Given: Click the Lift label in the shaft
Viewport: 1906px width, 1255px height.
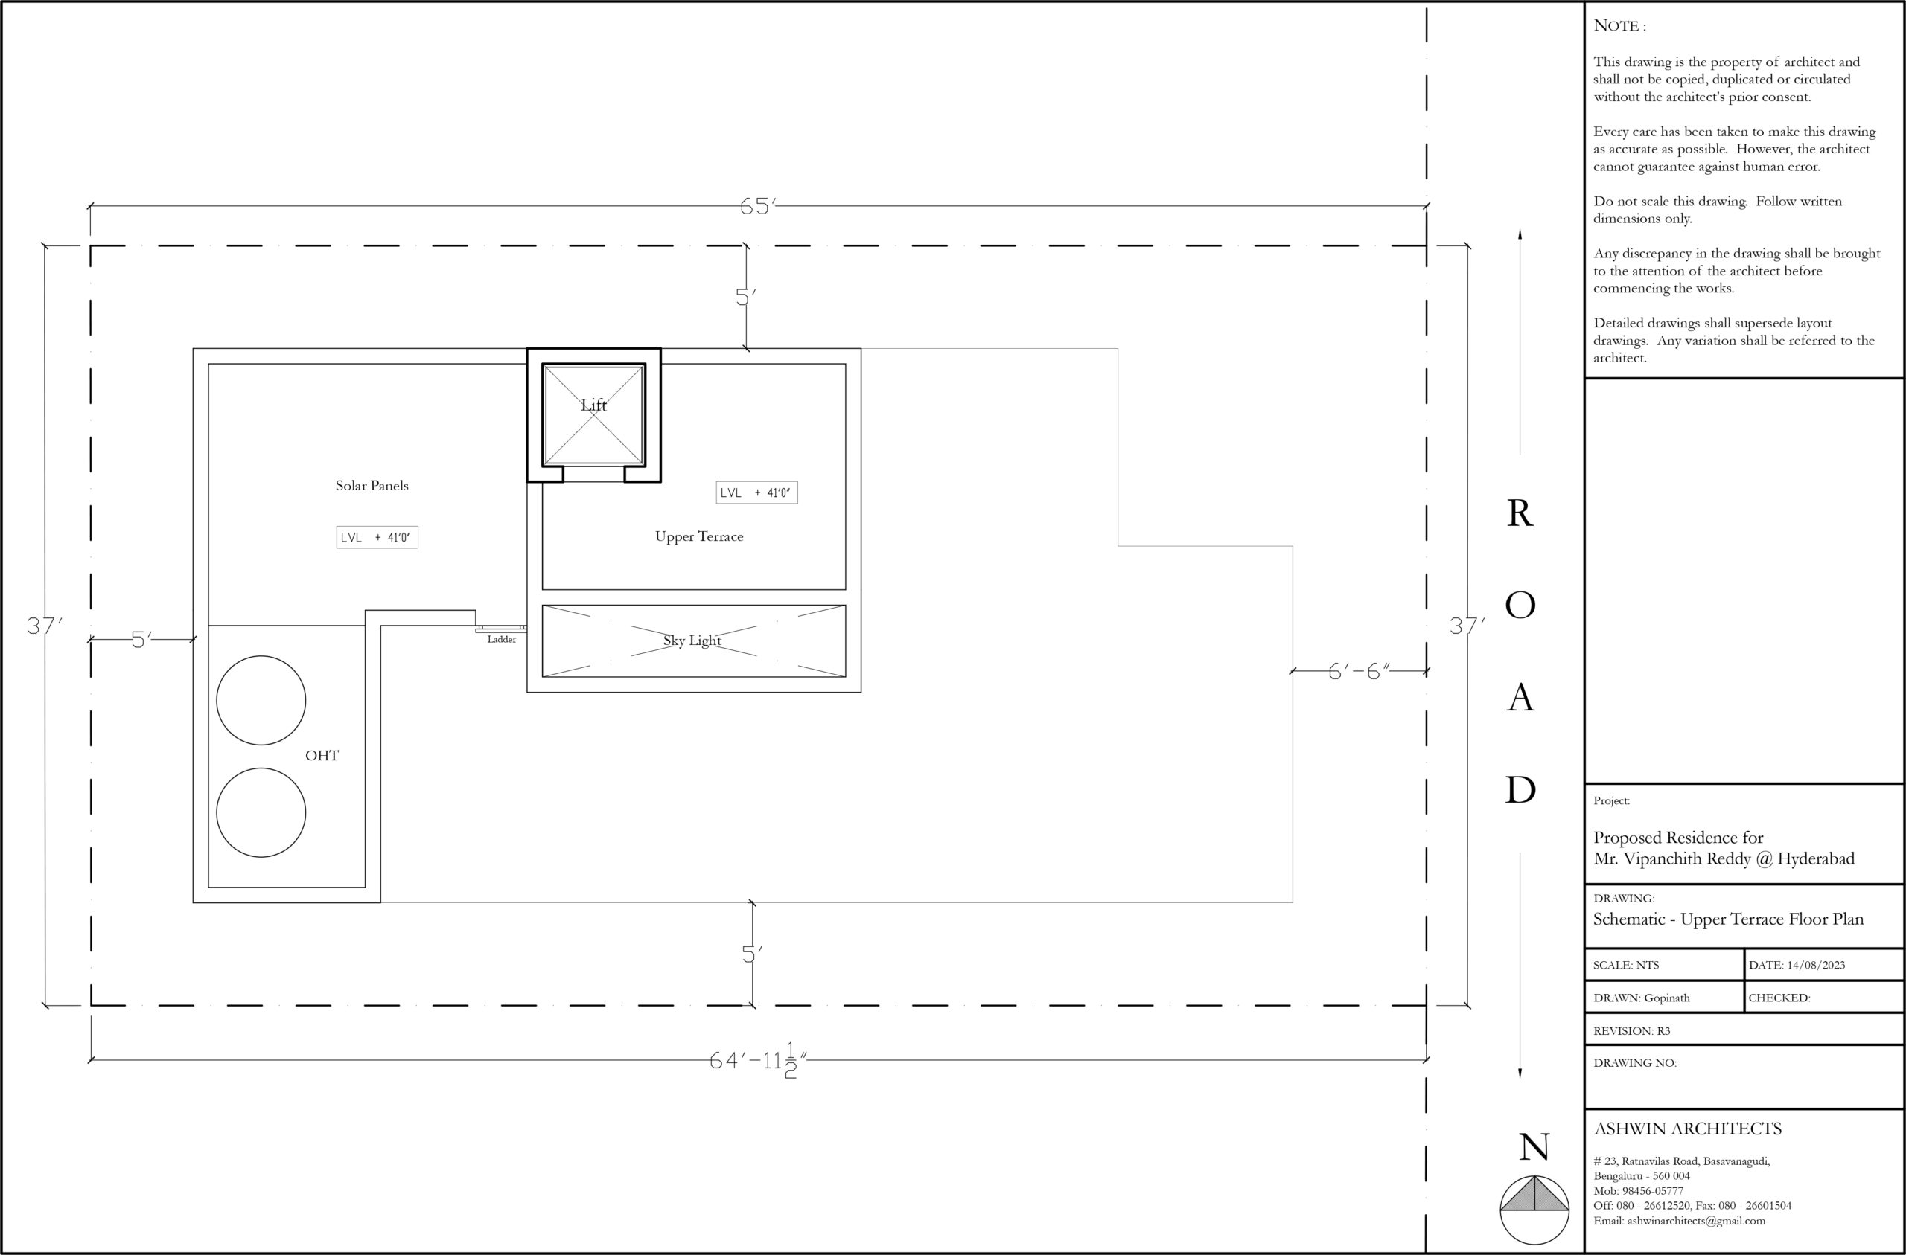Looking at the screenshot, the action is coord(593,405).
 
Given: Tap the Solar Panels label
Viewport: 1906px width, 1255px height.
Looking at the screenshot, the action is coord(372,485).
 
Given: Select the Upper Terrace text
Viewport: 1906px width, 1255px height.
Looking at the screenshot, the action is coord(699,536).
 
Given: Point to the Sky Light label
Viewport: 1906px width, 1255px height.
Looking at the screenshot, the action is coord(692,641).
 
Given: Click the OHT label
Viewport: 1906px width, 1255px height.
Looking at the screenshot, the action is coord(322,756).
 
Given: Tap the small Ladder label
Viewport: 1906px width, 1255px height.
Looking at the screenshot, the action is coord(501,639).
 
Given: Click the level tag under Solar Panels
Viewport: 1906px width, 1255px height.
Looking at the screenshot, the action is coord(377,537).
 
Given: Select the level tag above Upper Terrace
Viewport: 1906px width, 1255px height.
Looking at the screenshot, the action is coord(756,492).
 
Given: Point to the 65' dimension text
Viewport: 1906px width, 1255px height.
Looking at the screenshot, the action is coord(758,207).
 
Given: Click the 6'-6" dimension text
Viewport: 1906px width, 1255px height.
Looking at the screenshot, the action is coord(1359,671).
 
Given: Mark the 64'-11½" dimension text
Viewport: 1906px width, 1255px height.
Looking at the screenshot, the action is coord(759,1061).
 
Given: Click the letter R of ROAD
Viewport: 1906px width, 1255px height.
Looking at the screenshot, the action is coord(1520,513).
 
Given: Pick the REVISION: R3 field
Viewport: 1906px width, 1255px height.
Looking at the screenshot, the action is coord(1631,1030).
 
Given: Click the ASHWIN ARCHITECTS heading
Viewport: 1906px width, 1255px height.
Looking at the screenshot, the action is coord(1687,1129).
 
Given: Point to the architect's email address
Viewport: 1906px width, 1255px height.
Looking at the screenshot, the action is coord(1680,1221).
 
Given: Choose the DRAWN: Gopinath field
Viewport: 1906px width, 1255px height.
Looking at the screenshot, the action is coord(1641,998).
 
